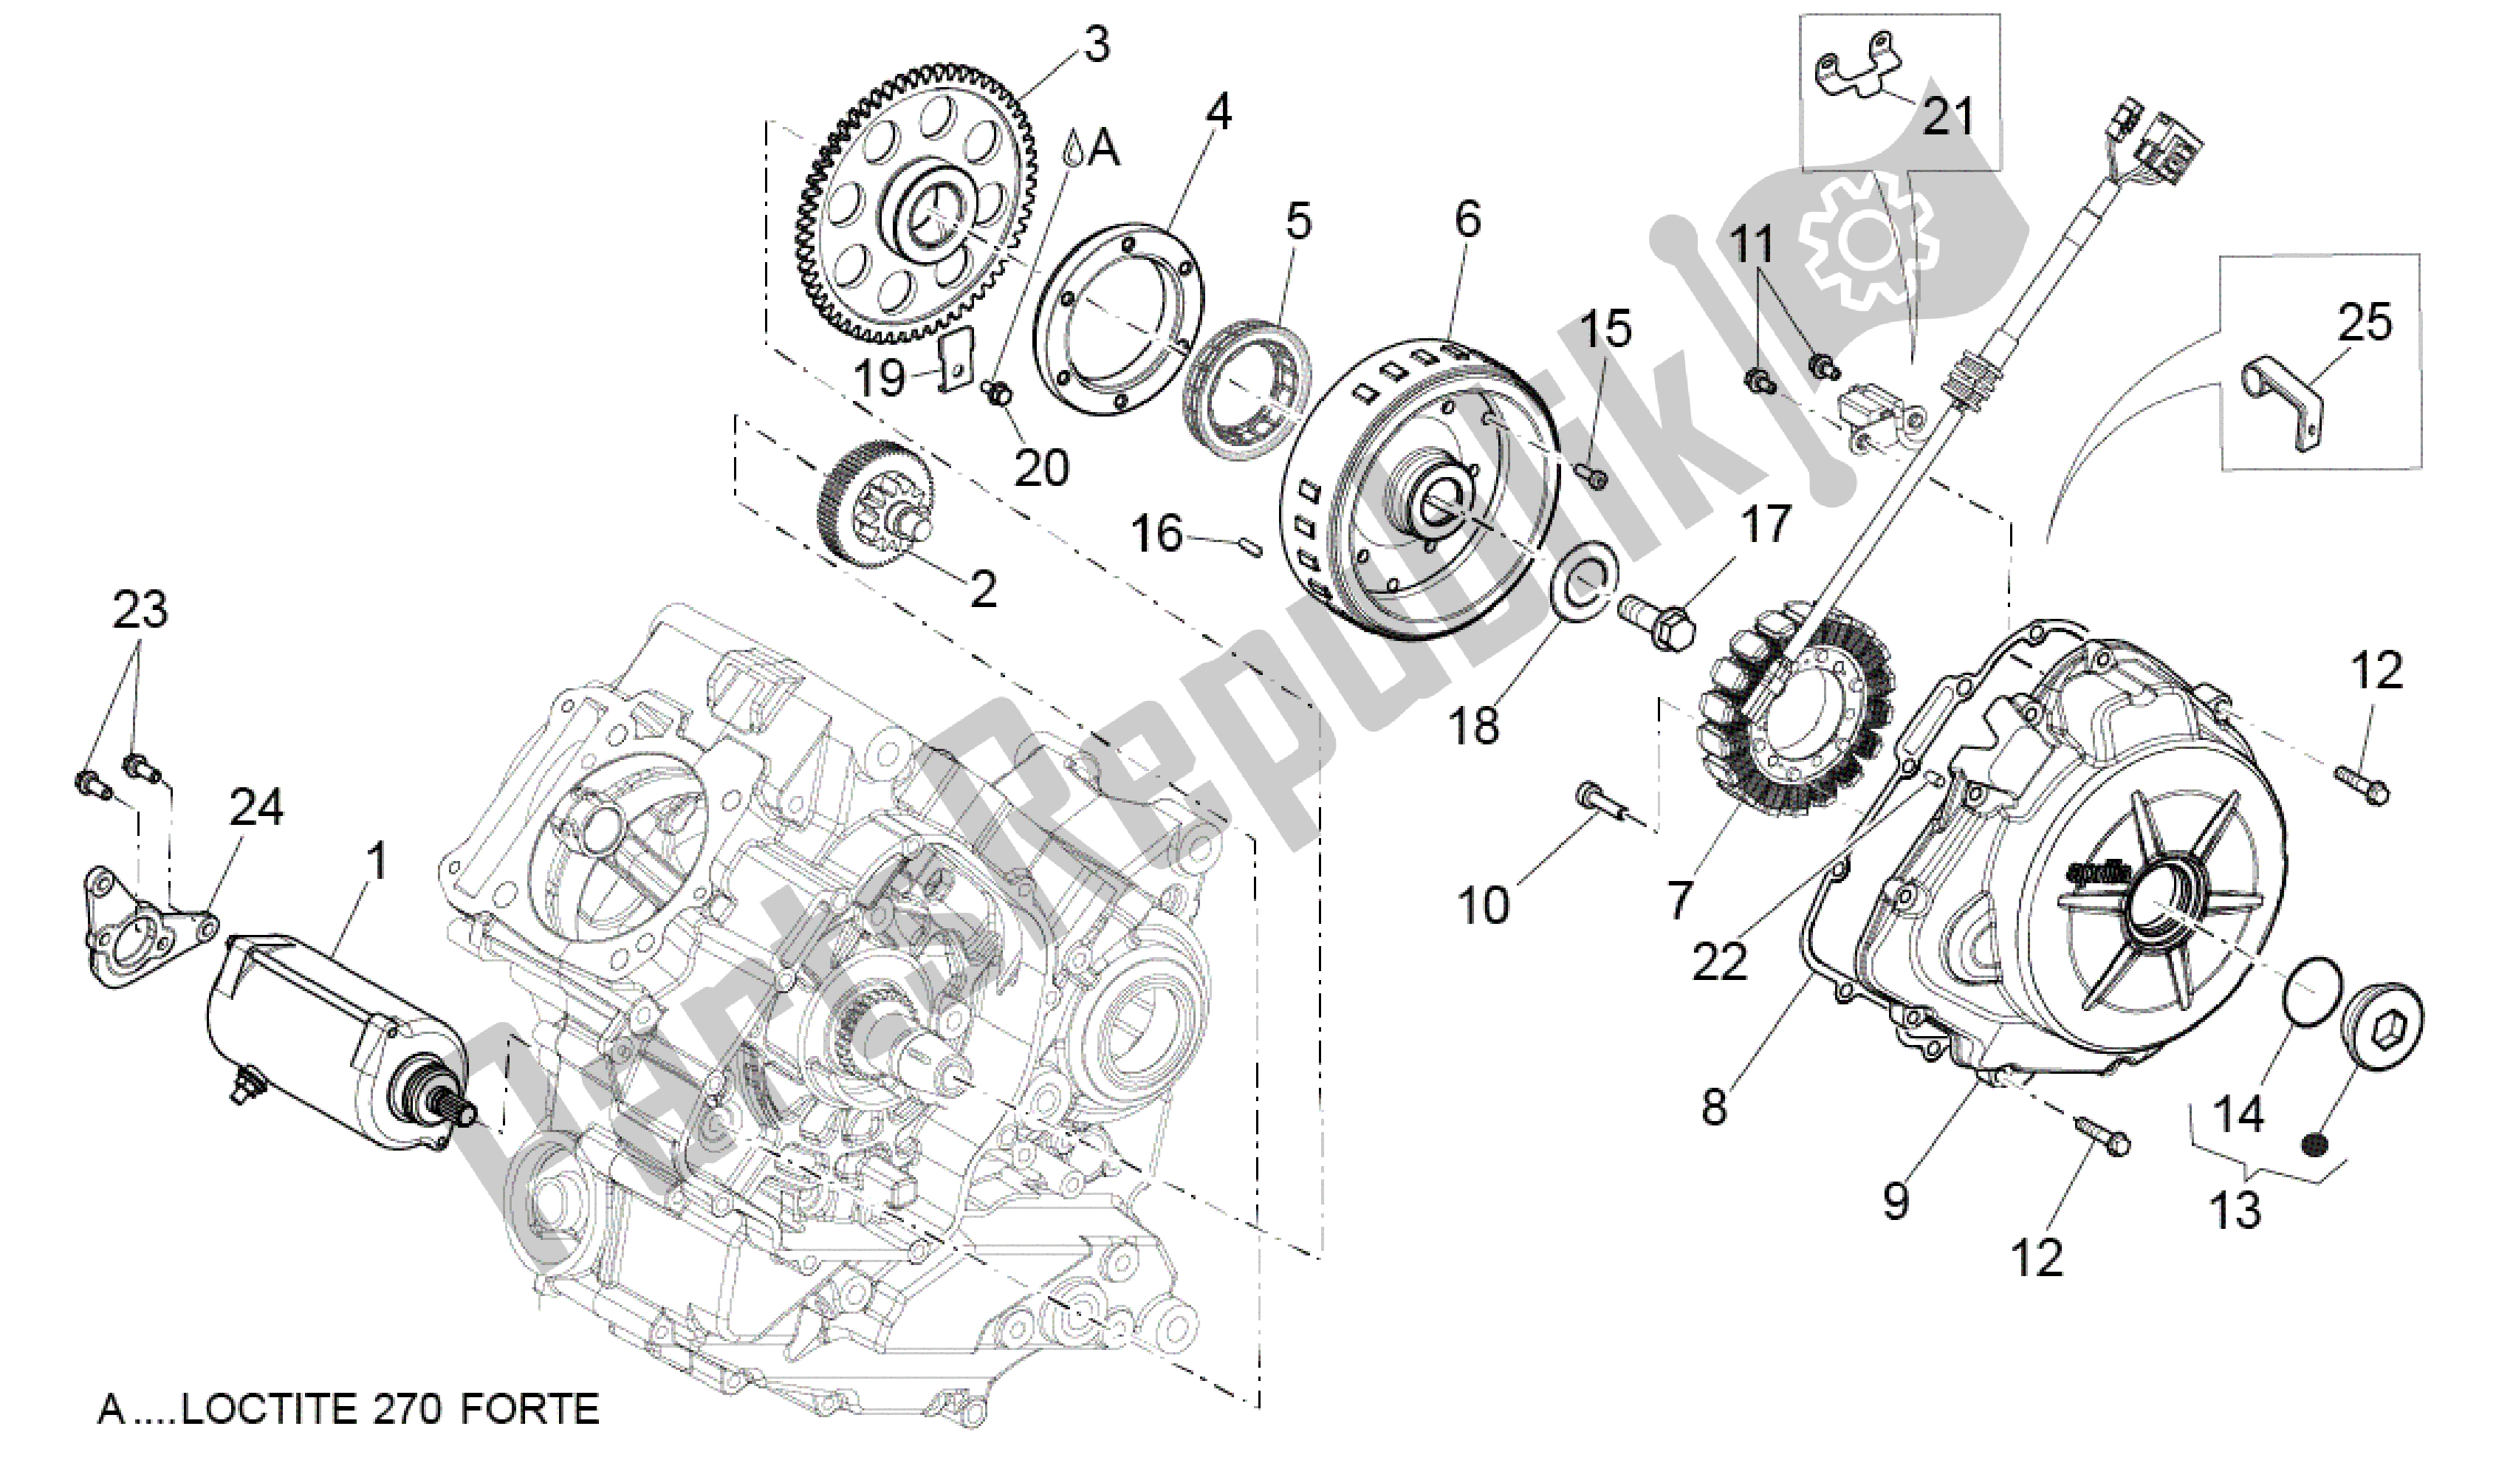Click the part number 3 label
point(1094,44)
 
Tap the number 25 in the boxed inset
point(2365,323)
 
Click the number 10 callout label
point(1483,905)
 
